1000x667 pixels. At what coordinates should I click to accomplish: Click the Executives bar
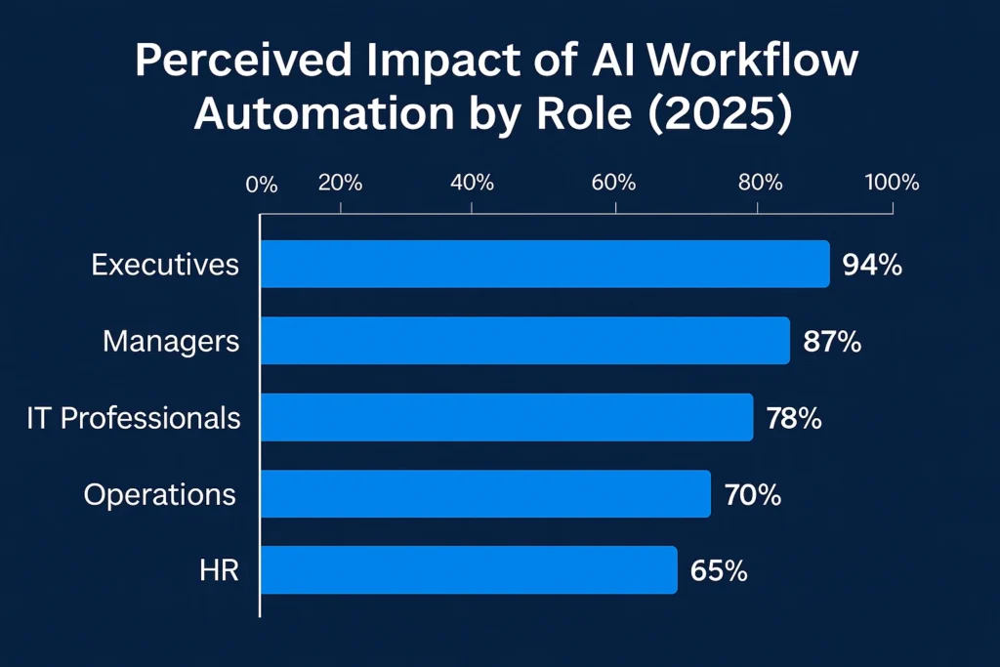(x=544, y=264)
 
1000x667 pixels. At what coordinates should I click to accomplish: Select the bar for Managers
(x=524, y=341)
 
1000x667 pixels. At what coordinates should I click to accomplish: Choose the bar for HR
(x=468, y=570)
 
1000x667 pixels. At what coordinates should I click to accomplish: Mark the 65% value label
(x=719, y=571)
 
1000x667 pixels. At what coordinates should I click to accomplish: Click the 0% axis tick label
(x=262, y=185)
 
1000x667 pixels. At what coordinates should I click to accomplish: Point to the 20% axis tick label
(x=341, y=183)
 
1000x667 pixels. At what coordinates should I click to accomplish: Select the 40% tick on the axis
(x=473, y=183)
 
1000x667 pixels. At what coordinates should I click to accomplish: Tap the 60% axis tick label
(x=615, y=183)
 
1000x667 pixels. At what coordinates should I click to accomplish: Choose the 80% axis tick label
(x=759, y=183)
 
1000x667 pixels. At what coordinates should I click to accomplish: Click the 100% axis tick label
(x=892, y=183)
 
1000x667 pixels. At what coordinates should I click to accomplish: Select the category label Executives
(x=165, y=265)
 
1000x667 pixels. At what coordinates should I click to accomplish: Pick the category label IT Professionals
(x=134, y=418)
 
